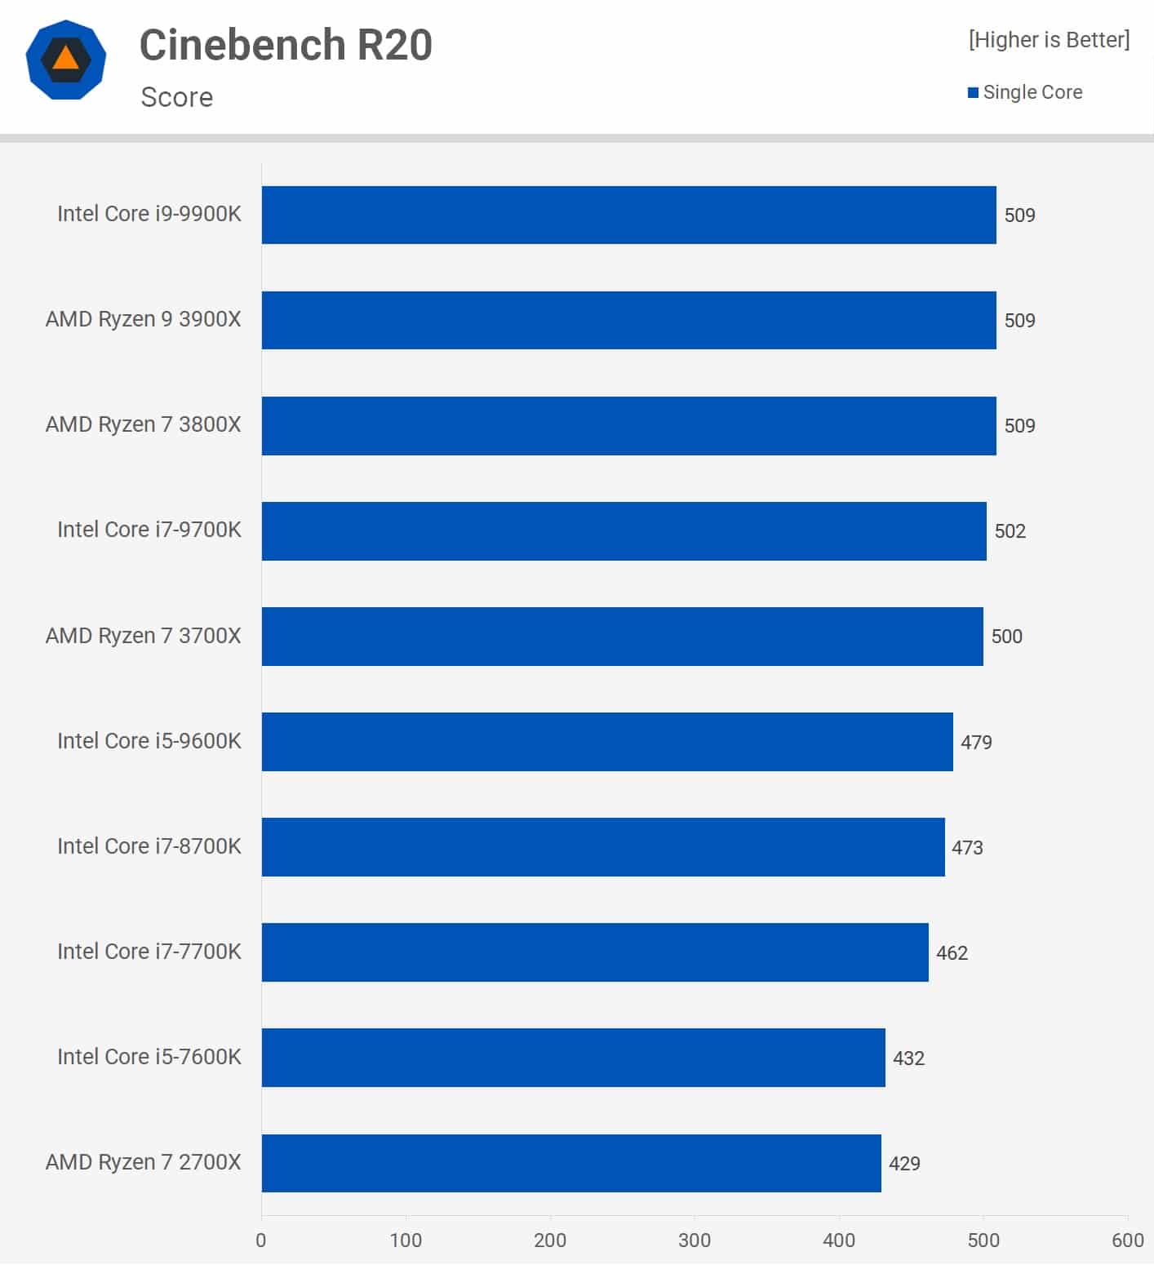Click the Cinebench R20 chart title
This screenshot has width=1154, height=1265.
click(286, 45)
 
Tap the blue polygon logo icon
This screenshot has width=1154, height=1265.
click(66, 60)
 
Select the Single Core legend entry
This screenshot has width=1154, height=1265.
click(1025, 92)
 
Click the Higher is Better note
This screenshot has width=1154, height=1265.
click(1049, 40)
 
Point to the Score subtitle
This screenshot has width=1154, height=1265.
click(177, 97)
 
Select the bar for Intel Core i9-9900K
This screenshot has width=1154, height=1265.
click(628, 215)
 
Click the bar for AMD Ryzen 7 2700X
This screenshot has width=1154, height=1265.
click(571, 1163)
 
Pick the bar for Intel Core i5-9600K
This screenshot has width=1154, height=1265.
click(607, 742)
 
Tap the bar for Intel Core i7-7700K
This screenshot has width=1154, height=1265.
click(595, 952)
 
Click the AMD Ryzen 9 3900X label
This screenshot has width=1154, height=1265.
click(144, 319)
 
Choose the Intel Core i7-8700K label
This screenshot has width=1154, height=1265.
click(149, 846)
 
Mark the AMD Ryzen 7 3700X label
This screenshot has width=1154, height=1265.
click(144, 636)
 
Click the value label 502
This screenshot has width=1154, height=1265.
click(1010, 531)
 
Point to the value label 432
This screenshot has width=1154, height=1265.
click(908, 1059)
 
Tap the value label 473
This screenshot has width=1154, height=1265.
click(967, 848)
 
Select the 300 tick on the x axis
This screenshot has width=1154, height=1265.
click(695, 1241)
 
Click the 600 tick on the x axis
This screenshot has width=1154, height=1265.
click(1127, 1241)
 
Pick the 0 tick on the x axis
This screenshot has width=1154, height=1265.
click(261, 1241)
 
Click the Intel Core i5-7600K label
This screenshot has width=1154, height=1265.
click(149, 1057)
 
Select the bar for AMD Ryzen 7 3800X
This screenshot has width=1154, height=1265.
click(628, 426)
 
